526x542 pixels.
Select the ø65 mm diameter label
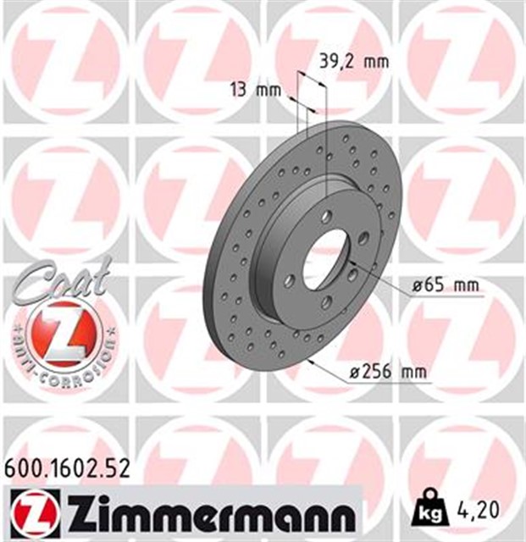click(x=445, y=286)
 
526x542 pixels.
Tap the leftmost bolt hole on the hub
click(x=290, y=279)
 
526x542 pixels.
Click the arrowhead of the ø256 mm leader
click(x=311, y=360)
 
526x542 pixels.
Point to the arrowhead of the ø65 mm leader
click(x=349, y=268)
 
